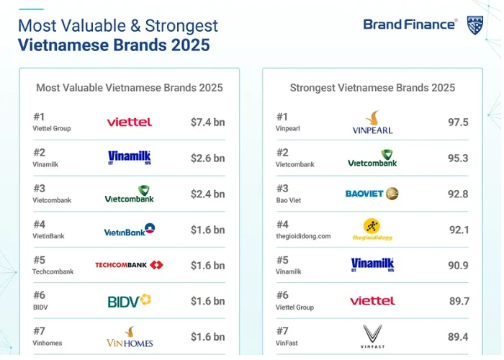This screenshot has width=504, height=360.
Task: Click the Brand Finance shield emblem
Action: pyautogui.click(x=474, y=25)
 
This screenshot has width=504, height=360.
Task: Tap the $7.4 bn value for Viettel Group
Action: pyautogui.click(x=207, y=122)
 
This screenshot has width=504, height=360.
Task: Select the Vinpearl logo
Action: pyautogui.click(x=372, y=122)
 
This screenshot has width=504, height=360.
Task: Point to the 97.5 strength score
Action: pyautogui.click(x=458, y=122)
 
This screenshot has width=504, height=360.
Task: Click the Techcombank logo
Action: pyautogui.click(x=129, y=265)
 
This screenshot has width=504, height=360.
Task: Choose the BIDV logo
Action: pyautogui.click(x=129, y=301)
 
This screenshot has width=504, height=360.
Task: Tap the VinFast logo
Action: pyautogui.click(x=372, y=336)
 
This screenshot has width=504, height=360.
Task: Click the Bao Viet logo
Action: pyautogui.click(x=372, y=194)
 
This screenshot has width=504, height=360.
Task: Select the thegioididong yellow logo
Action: pyautogui.click(x=372, y=230)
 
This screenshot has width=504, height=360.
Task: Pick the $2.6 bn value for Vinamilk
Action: pyautogui.click(x=207, y=158)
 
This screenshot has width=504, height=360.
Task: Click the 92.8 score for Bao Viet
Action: pyautogui.click(x=458, y=194)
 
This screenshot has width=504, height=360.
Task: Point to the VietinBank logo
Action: pyautogui.click(x=130, y=230)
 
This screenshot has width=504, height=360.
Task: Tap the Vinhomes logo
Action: pyautogui.click(x=130, y=336)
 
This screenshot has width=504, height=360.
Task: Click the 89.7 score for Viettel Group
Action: pyautogui.click(x=459, y=301)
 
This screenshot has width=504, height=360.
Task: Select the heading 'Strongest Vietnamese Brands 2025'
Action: pyautogui.click(x=372, y=88)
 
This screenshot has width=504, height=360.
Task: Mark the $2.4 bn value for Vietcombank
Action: pyautogui.click(x=207, y=194)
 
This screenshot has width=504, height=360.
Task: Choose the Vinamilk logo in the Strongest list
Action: pyautogui.click(x=372, y=265)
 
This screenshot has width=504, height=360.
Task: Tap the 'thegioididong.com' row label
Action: pyautogui.click(x=303, y=236)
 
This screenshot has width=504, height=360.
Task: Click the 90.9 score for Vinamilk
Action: pyautogui.click(x=458, y=266)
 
